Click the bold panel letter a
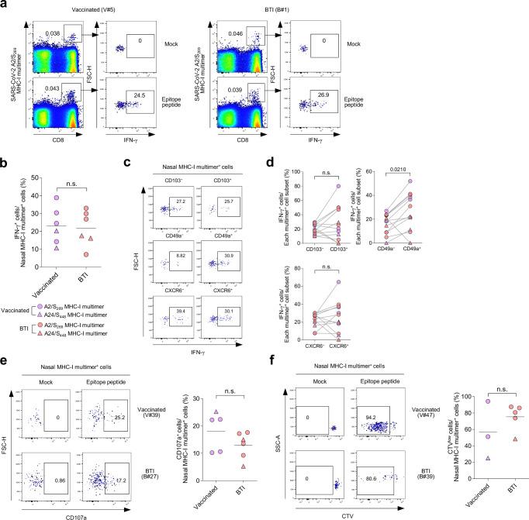coord(5,5)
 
